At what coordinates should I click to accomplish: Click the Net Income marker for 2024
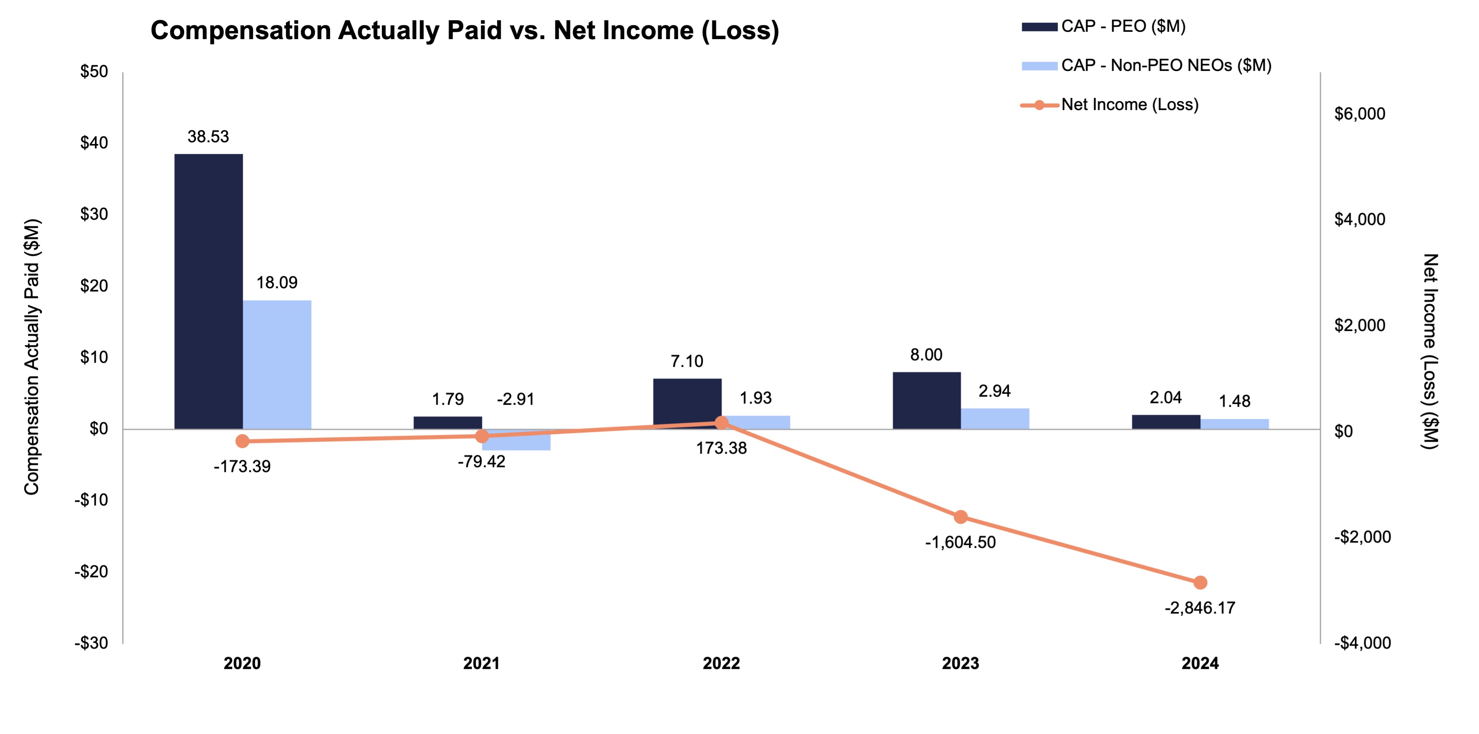coord(1200,582)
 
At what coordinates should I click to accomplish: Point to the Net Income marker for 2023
coord(961,517)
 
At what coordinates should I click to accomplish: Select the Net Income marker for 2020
coord(242,441)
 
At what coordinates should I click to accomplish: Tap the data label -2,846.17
coord(1199,608)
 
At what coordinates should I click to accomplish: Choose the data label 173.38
coord(721,448)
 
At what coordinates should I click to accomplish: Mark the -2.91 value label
coord(515,399)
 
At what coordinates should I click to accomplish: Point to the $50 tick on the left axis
coord(94,72)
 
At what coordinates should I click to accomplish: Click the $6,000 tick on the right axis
coord(1359,114)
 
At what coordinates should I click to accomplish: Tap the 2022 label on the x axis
coord(721,663)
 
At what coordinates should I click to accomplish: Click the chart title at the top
coord(464,31)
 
